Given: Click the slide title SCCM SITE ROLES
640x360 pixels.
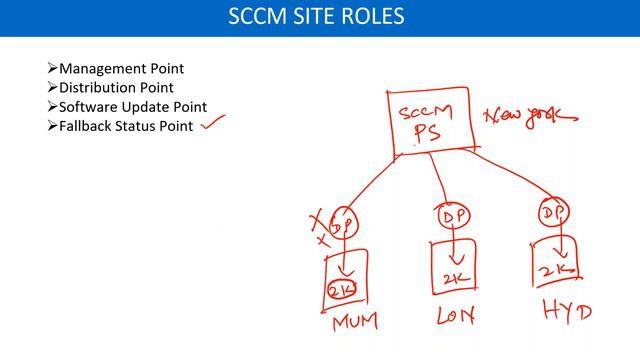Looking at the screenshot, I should pyautogui.click(x=319, y=17).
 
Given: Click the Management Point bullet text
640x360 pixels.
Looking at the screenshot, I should pyautogui.click(x=121, y=69).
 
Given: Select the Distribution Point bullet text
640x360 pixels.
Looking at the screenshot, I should pyautogui.click(x=116, y=88).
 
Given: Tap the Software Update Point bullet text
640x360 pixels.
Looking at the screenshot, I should pyautogui.click(x=133, y=107).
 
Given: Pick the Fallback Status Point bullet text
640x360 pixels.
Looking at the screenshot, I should pyautogui.click(x=126, y=126).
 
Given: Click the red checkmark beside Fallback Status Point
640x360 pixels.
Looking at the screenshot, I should pyautogui.click(x=213, y=124).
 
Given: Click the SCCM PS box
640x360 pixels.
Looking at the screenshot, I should pyautogui.click(x=428, y=121).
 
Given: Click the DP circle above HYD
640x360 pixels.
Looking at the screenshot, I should pyautogui.click(x=554, y=213).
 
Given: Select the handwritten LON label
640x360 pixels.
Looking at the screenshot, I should pyautogui.click(x=455, y=317).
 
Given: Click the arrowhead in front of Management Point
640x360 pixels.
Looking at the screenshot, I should pyautogui.click(x=53, y=69).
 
